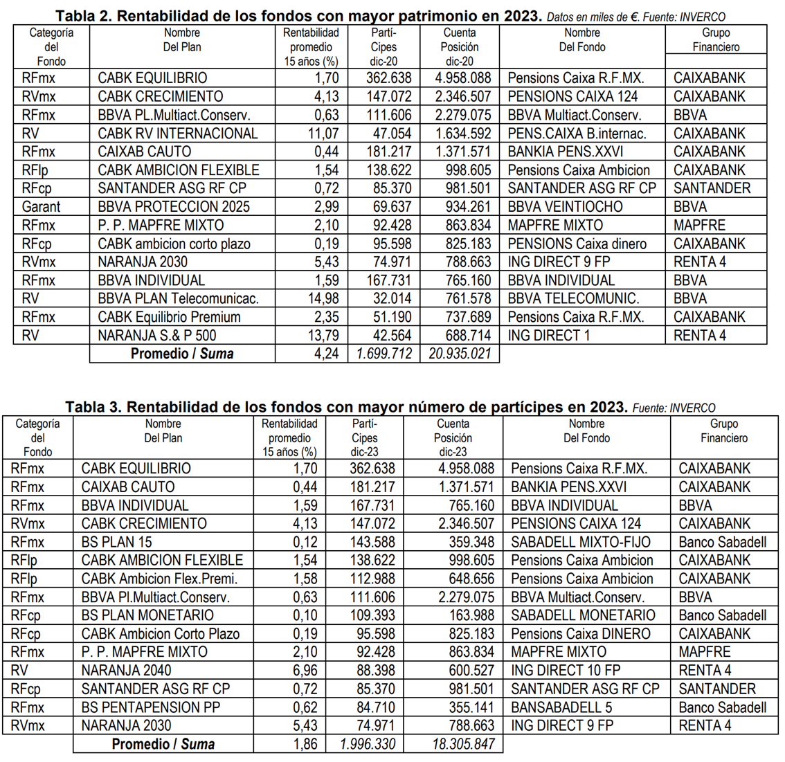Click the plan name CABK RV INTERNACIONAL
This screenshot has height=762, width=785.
177,134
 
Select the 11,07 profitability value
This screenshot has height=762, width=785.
323,134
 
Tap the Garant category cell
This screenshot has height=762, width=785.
41,207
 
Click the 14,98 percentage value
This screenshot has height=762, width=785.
323,299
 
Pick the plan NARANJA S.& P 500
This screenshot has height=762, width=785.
157,336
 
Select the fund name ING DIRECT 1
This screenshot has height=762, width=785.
544,336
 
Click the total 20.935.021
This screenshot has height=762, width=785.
460,354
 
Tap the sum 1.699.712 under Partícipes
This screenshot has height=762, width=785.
384,354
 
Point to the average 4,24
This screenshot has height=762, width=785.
326,354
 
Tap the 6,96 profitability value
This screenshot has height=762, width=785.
305,671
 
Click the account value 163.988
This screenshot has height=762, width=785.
471,615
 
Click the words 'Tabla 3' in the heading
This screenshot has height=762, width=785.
92,407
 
